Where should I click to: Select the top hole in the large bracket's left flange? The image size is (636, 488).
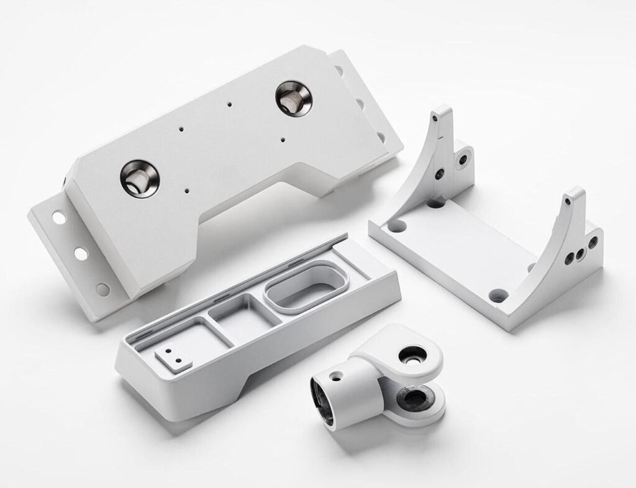click(58, 217)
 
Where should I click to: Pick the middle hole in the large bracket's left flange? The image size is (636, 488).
click(79, 253)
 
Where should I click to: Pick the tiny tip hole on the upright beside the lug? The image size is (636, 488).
click(437, 117)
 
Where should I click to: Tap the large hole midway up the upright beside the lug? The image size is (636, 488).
click(440, 172)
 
